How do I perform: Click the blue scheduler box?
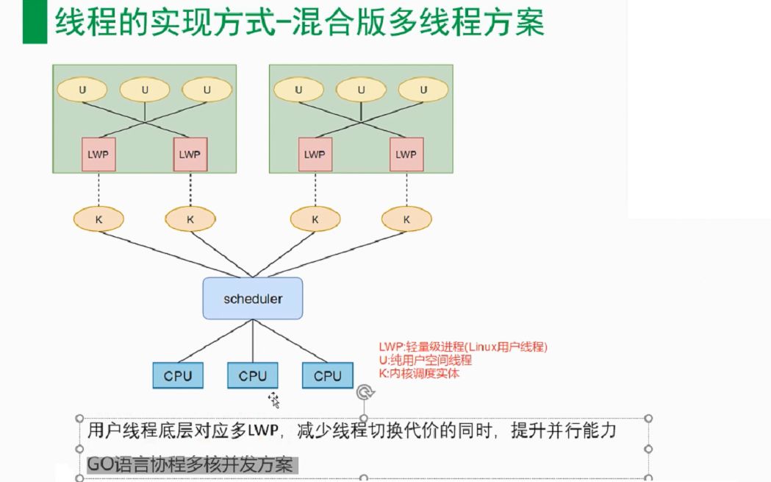click(253, 299)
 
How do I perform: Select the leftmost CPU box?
click(178, 376)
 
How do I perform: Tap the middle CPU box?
click(253, 376)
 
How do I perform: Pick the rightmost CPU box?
click(328, 376)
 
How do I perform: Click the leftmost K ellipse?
click(98, 219)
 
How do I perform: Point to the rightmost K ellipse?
click(406, 219)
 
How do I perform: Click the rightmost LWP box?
click(406, 155)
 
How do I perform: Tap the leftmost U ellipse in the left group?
click(82, 90)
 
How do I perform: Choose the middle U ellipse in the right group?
click(361, 90)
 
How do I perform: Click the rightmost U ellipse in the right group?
click(423, 90)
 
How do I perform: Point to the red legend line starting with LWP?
click(463, 347)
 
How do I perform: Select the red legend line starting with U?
click(425, 361)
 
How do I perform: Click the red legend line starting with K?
click(419, 373)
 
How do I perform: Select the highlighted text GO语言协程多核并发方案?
click(190, 465)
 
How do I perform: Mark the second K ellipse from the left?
click(190, 219)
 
